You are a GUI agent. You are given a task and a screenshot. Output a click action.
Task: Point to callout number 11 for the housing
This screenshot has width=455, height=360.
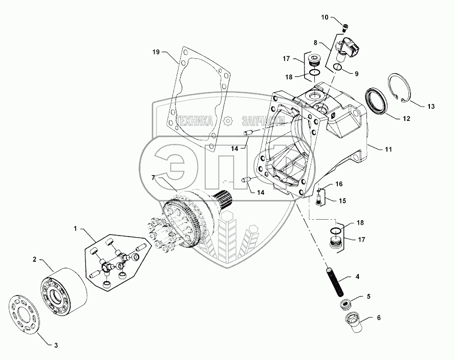tap(388, 149)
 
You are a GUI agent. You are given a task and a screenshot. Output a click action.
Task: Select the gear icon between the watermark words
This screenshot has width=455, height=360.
tap(228, 121)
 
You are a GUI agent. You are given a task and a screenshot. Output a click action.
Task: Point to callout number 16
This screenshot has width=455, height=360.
tap(339, 183)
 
